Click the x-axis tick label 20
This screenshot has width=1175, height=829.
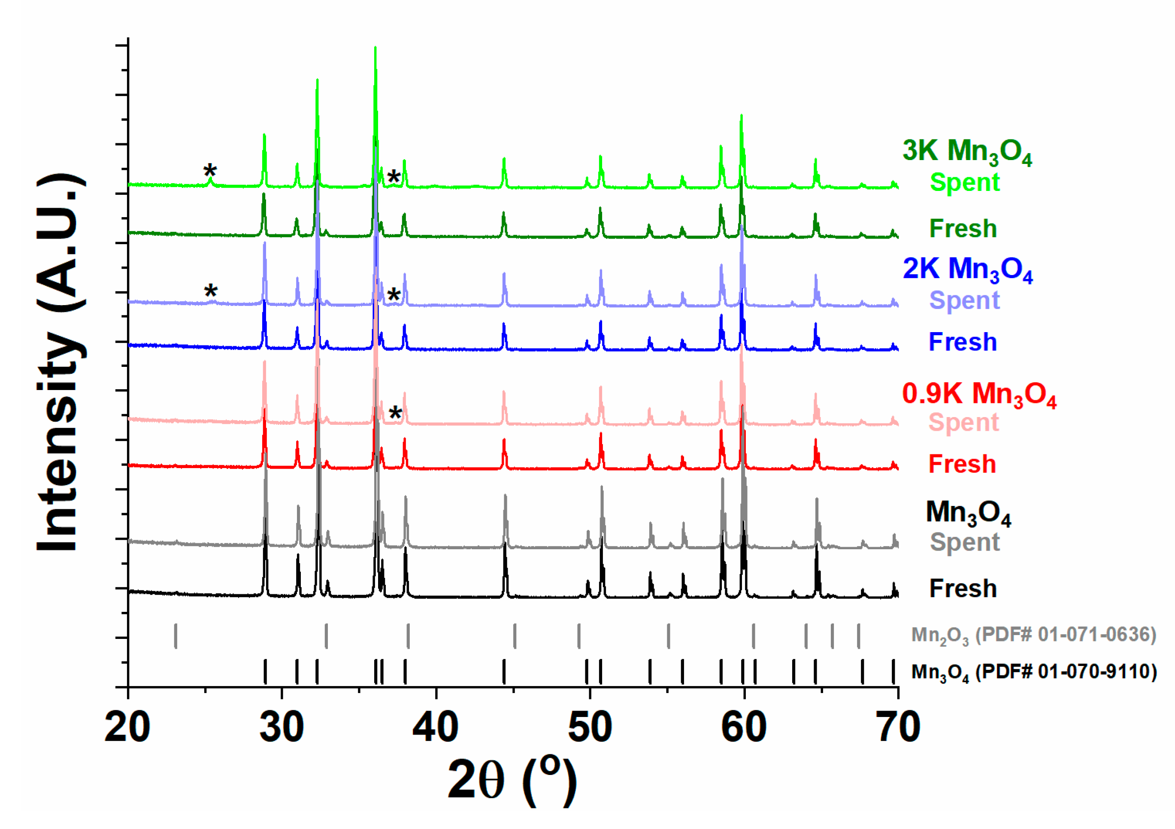(x=127, y=727)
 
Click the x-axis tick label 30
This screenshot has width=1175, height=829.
(x=282, y=727)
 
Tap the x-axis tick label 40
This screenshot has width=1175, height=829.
(x=436, y=727)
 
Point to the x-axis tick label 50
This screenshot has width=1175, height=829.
(x=590, y=727)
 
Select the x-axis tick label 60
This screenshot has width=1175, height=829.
(x=744, y=727)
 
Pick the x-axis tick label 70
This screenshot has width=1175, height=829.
(x=898, y=727)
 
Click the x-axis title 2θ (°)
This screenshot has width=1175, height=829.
(x=512, y=780)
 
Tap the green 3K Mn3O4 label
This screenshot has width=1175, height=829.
(x=967, y=152)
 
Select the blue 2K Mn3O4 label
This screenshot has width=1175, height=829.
(x=967, y=269)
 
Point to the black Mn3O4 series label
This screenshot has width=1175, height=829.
(x=968, y=513)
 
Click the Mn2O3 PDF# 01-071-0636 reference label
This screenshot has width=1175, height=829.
(x=1033, y=635)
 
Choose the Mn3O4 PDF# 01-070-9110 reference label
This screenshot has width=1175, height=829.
(x=1034, y=672)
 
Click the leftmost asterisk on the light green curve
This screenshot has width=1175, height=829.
(x=210, y=170)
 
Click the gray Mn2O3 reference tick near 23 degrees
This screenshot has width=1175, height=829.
(x=176, y=636)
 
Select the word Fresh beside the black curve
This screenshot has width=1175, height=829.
(x=963, y=588)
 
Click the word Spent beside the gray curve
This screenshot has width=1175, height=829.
(x=964, y=542)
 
